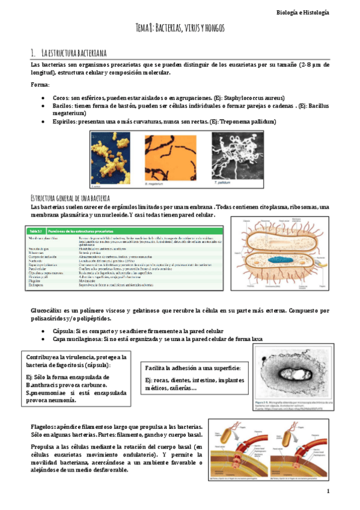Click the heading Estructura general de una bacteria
70,198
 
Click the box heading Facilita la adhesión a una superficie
193,367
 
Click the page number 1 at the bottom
329,492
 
